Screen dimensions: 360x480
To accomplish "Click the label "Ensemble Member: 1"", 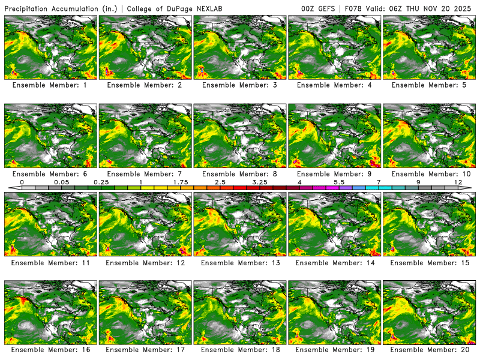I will pos(50,85).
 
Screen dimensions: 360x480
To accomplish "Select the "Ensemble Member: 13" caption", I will pos(240,262).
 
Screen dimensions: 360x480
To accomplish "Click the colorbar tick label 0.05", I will pos(61,182).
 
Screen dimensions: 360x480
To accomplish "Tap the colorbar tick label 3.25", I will pos(260,182).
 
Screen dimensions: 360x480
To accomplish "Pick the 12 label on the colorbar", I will pos(458,182).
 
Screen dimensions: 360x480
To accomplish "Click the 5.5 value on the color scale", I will pos(339,182).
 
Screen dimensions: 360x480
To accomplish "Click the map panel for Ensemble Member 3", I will pos(239,47).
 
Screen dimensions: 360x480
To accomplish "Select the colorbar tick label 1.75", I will pos(180,182).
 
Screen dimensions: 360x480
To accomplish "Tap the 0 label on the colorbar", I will pos(22,182).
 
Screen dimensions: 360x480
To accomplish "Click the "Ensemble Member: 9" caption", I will pos(335,173).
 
